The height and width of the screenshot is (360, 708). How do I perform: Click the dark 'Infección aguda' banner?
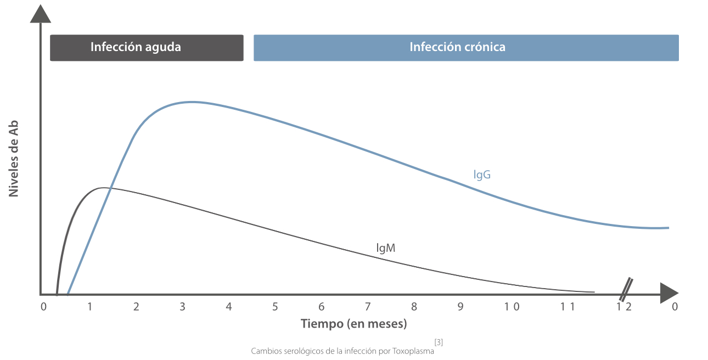click(x=147, y=48)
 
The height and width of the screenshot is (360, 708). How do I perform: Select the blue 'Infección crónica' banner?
click(x=466, y=48)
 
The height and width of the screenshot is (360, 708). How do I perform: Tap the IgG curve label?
click(x=482, y=175)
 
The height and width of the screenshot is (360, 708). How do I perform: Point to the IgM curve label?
click(x=386, y=248)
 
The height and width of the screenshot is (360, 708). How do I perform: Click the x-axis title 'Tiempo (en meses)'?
click(x=354, y=324)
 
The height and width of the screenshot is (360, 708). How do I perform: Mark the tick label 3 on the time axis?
click(x=182, y=306)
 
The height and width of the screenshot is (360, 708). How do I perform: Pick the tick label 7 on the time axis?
click(x=368, y=306)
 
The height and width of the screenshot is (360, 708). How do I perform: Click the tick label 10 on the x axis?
click(x=512, y=306)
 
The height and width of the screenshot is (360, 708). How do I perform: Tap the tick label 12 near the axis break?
click(x=623, y=306)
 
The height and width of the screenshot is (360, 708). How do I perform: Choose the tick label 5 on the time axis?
click(x=275, y=306)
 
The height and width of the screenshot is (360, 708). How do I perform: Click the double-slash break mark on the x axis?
click(x=626, y=289)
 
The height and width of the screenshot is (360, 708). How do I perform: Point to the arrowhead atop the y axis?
click(x=41, y=14)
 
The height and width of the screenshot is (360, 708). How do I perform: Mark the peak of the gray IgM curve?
click(x=104, y=188)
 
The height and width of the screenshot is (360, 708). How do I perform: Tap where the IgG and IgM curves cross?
click(x=110, y=188)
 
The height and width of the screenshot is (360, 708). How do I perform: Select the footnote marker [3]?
click(x=439, y=342)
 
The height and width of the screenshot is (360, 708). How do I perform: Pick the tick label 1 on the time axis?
click(x=89, y=306)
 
